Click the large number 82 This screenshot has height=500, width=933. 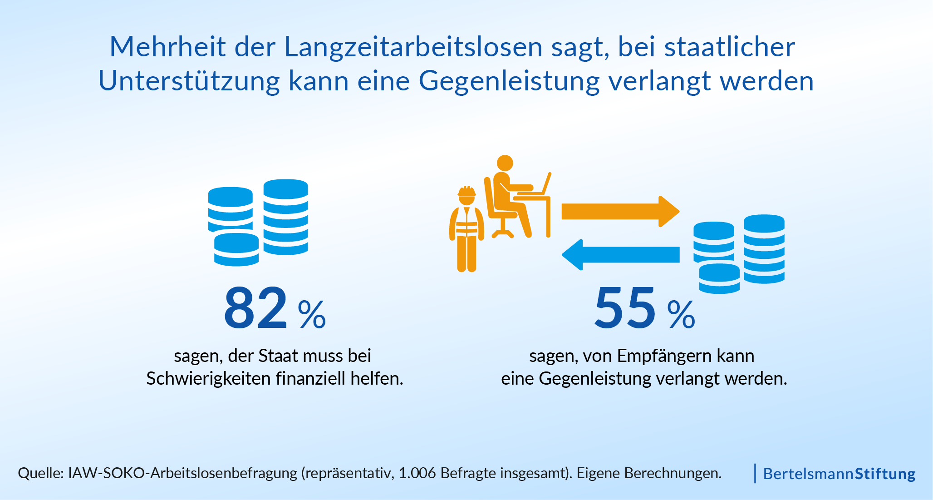click(255, 308)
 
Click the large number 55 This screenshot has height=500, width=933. click(625, 308)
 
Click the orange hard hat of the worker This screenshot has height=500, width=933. click(466, 191)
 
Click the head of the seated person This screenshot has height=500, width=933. click(505, 163)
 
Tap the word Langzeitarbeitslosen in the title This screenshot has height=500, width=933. click(413, 47)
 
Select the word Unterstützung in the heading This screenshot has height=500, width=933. click(189, 81)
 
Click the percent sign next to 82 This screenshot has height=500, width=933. click(312, 314)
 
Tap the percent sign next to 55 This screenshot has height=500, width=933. click(681, 314)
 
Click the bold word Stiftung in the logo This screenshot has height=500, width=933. click(885, 474)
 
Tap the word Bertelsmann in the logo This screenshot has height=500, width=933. click(808, 474)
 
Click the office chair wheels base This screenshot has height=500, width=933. click(502, 233)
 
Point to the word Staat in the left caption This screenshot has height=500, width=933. click(278, 356)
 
